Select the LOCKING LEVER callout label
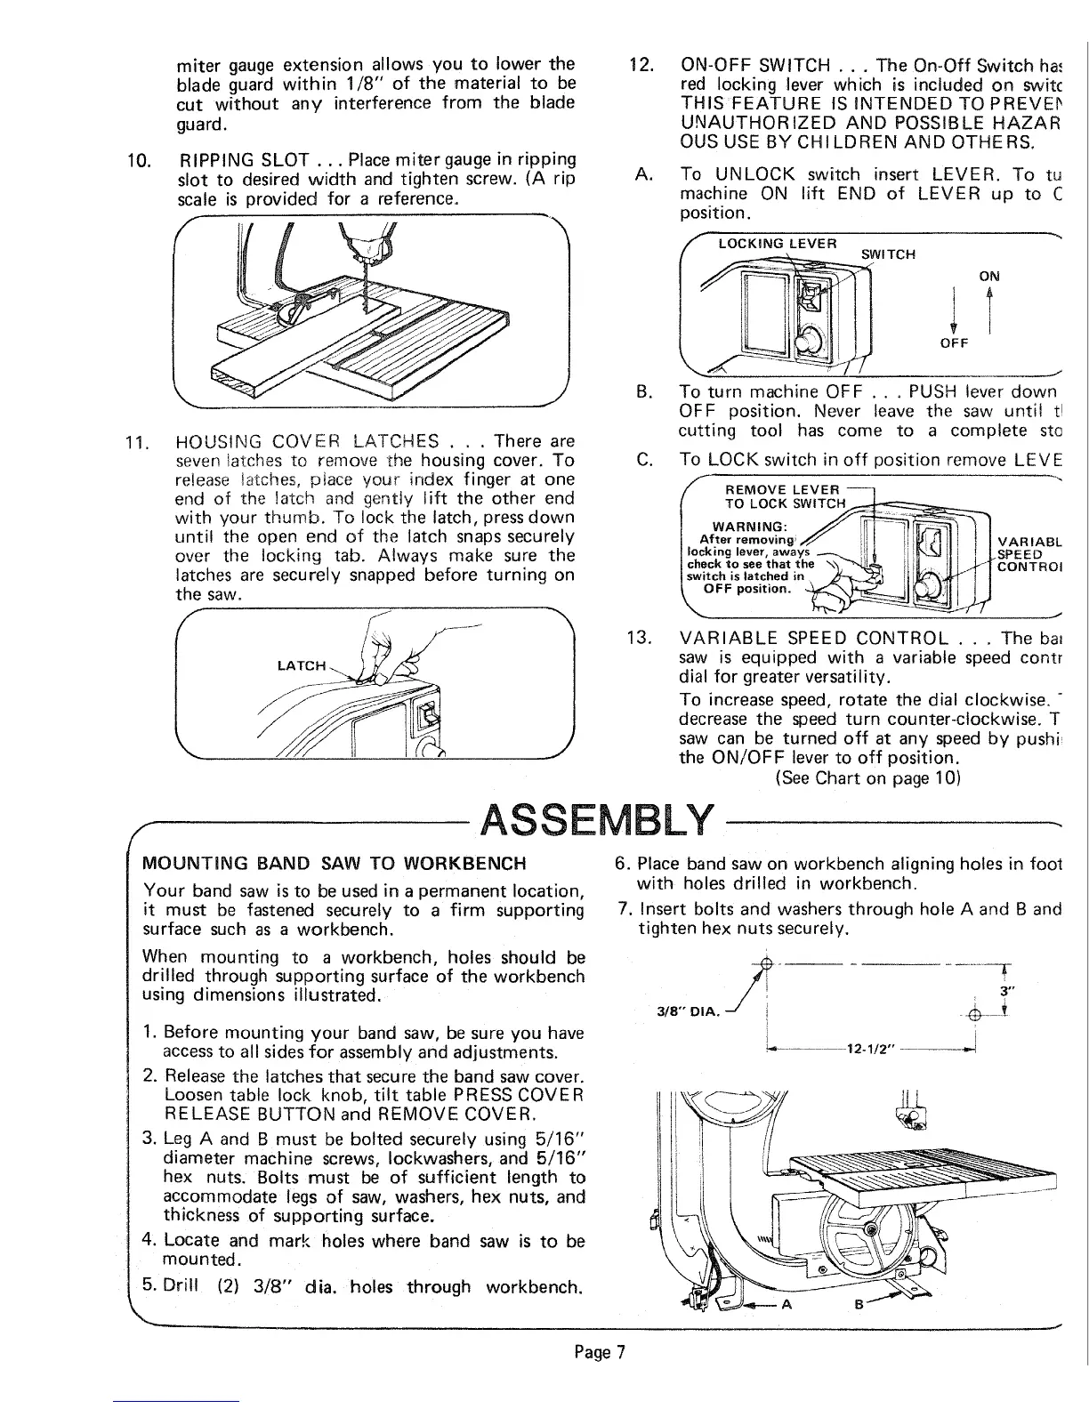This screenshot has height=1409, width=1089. tap(778, 244)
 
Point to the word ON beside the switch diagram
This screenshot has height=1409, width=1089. tap(989, 276)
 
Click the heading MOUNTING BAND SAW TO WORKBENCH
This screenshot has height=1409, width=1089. tap(335, 864)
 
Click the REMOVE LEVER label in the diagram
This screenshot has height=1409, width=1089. tap(782, 489)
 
